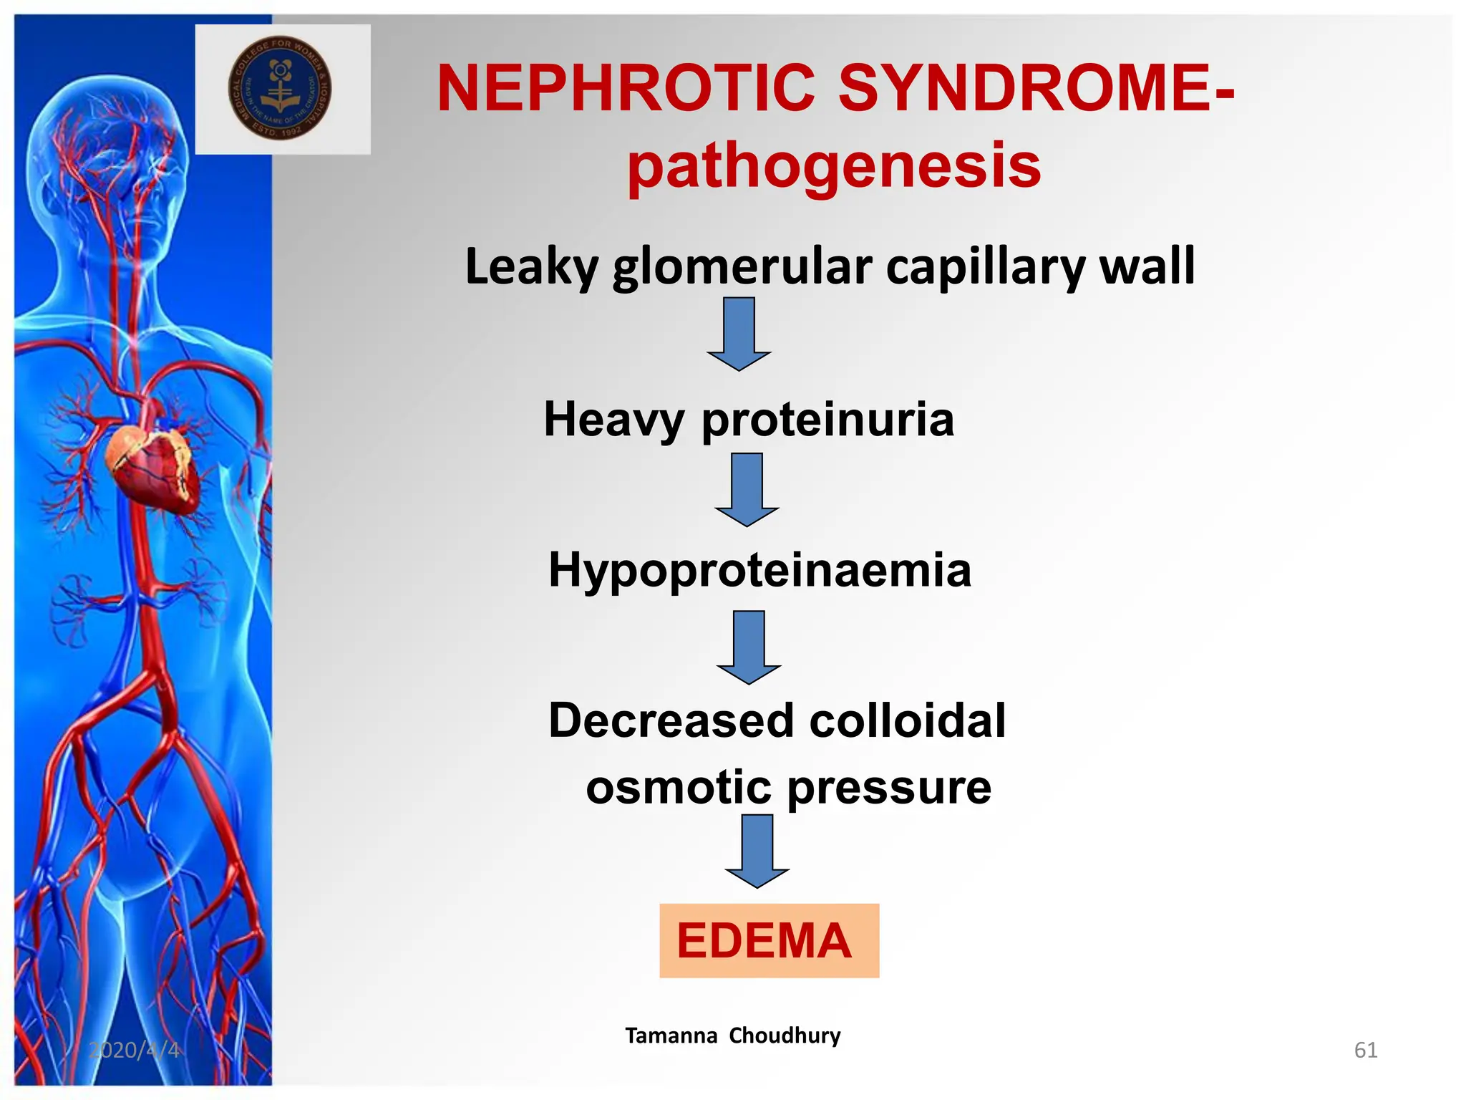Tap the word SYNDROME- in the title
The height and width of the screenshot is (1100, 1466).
(1036, 89)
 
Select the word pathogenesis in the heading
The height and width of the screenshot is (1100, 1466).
(834, 166)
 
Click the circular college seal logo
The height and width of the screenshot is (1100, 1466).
(280, 88)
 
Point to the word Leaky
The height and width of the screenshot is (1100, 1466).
(531, 266)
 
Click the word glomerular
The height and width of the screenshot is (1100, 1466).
(742, 266)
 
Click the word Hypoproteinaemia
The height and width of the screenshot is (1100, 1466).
(759, 570)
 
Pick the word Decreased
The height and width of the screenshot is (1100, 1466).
(671, 720)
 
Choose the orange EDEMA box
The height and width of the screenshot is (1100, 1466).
(769, 940)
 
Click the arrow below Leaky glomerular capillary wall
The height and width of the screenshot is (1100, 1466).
(739, 334)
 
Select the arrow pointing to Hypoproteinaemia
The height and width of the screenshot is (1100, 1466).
(747, 490)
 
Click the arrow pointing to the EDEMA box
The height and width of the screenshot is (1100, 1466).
(757, 851)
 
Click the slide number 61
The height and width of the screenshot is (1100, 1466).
(1366, 1050)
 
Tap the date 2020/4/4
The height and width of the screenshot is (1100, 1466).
(134, 1050)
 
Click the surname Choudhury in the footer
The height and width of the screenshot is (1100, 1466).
(785, 1036)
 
